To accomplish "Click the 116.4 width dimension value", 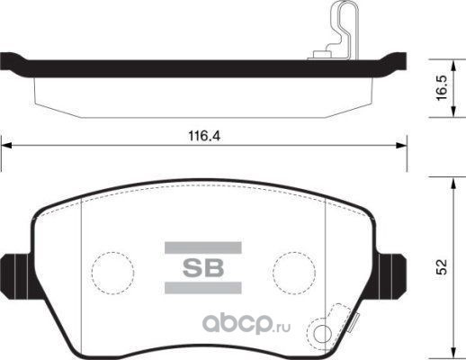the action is click(x=204, y=136).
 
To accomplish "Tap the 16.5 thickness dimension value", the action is click(x=442, y=88).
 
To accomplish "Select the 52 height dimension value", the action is click(x=442, y=266).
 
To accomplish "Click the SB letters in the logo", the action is click(x=203, y=267).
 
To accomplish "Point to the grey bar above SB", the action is click(x=203, y=247).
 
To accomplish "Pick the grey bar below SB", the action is click(x=203, y=288).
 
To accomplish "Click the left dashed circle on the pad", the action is click(x=113, y=273).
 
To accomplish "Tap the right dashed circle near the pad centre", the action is click(x=294, y=273).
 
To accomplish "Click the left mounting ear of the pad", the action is click(x=15, y=276).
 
